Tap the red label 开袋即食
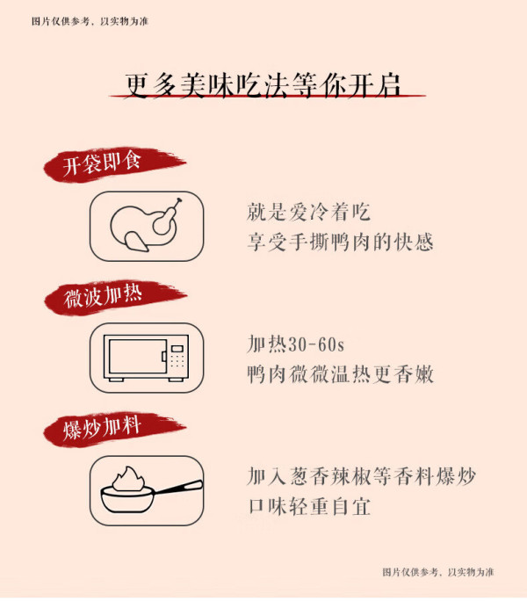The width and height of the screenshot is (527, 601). tap(103, 165)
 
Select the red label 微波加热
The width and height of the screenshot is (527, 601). tap(103, 297)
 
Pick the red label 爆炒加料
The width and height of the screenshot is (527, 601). tap(102, 428)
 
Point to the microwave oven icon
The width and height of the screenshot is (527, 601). tap(147, 358)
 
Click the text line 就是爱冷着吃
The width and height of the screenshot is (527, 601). tap(308, 212)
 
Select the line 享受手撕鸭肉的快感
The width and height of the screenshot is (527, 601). tap(340, 242)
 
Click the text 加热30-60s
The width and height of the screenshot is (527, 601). tap(295, 344)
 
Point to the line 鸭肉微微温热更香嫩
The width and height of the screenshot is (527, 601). tap(340, 374)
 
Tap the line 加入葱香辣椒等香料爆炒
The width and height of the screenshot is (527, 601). tap(361, 476)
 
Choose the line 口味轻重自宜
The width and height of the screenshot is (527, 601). tap(309, 506)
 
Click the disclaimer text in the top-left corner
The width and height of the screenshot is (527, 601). tap(90, 21)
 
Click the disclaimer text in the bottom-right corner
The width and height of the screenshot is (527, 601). tap(438, 572)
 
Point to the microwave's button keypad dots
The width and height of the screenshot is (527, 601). tap(177, 360)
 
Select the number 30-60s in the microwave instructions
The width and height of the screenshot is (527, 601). tap(316, 344)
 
